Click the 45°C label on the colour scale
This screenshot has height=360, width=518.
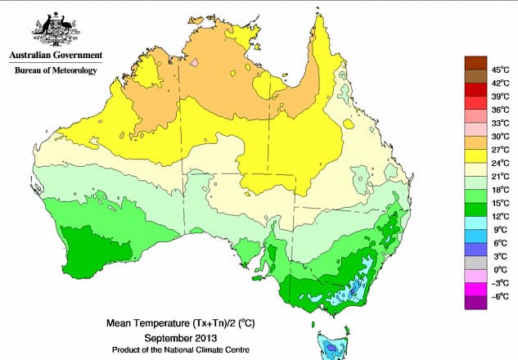point(490,70)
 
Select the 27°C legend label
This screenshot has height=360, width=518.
point(490,149)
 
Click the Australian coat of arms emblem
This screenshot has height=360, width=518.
point(55,29)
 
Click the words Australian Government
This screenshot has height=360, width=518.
point(55,56)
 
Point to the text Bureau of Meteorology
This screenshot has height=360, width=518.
point(55,71)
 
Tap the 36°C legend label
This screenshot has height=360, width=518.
point(490,109)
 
